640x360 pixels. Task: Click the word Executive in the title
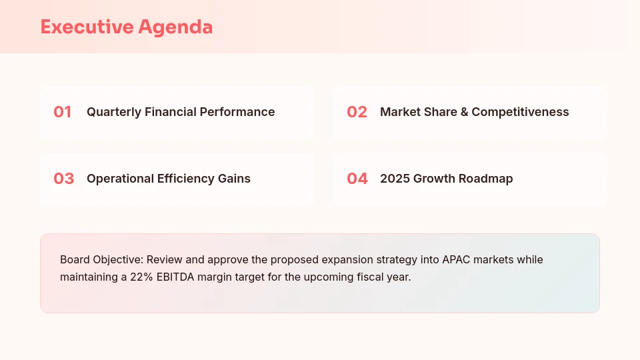coord(87,27)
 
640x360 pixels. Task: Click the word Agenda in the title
coord(175,27)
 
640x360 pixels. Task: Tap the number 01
coord(63,112)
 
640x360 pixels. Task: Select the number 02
coord(357,112)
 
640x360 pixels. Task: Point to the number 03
coord(63,179)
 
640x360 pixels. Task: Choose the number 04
coord(357,179)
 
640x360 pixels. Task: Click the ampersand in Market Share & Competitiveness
coord(464,112)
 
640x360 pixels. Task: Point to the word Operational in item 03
coord(121,179)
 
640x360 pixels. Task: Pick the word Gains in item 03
coord(234,179)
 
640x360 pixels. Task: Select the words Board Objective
coord(101,259)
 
